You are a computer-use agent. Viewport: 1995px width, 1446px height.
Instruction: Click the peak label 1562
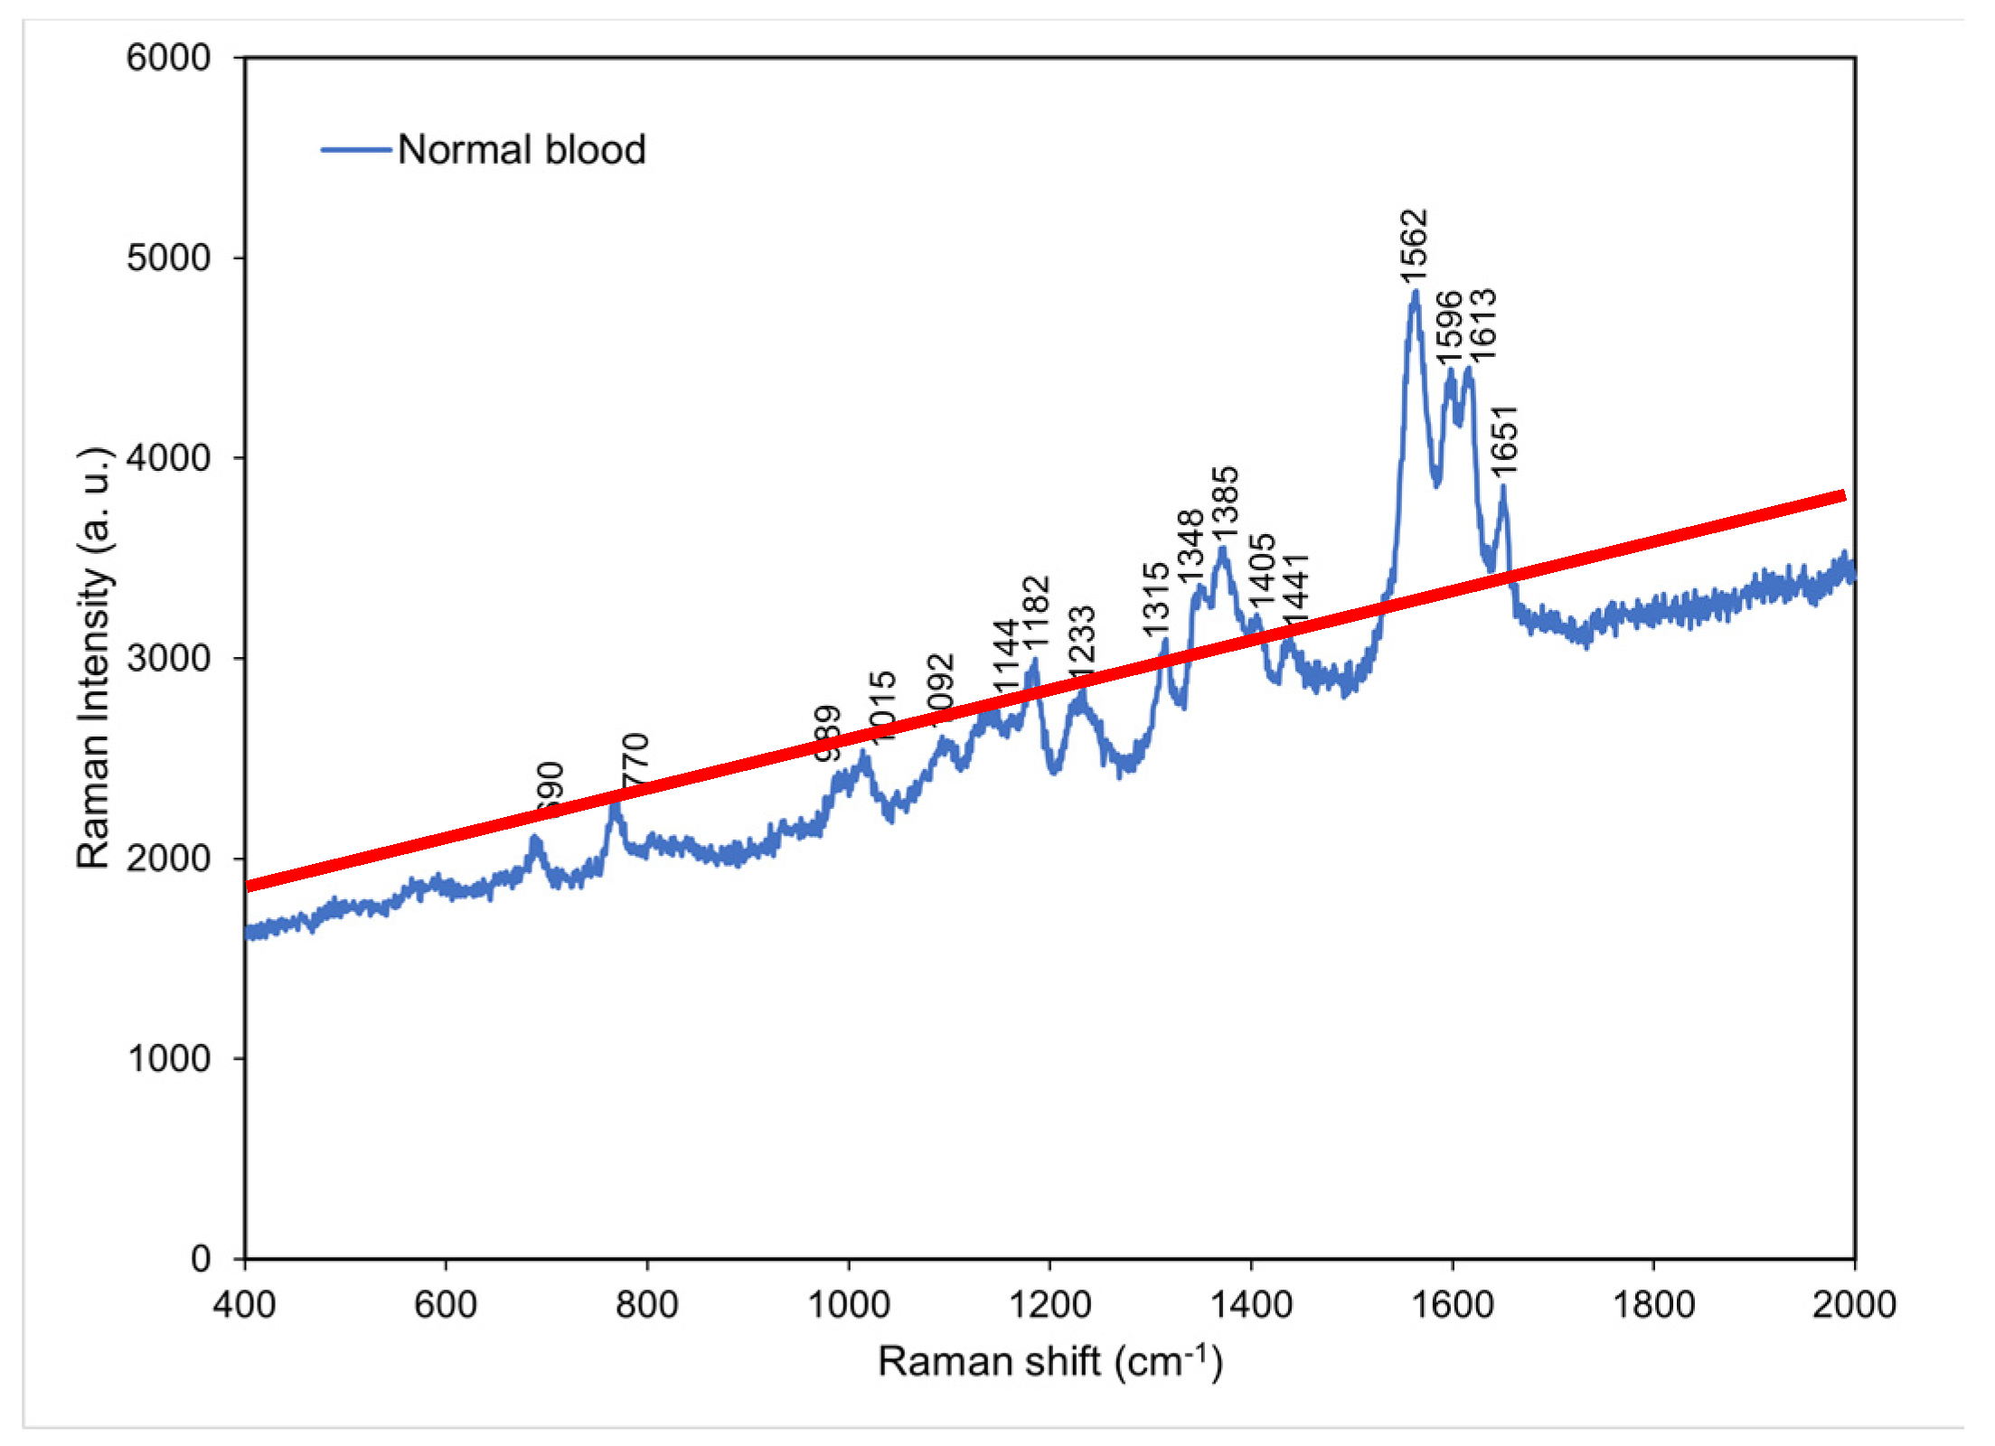(x=1413, y=249)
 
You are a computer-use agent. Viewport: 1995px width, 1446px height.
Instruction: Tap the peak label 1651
(x=1504, y=440)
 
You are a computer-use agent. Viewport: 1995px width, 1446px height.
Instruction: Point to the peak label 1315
(x=1156, y=599)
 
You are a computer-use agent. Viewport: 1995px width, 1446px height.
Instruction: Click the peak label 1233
(x=1081, y=643)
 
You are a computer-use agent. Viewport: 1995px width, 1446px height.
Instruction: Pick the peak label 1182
(x=1037, y=612)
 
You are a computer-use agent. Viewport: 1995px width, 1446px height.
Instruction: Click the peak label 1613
(x=1482, y=324)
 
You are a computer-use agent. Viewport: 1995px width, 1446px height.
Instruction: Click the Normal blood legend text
(x=522, y=150)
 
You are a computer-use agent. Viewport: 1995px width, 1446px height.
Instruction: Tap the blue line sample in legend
(x=356, y=150)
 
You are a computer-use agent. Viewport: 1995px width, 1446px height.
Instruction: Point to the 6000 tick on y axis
(x=168, y=58)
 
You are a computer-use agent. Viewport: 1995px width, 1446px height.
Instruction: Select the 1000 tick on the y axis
(x=168, y=1058)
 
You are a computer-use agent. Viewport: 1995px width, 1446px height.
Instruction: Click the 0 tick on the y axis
(x=201, y=1259)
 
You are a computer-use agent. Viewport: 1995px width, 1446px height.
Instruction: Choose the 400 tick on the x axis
(x=244, y=1305)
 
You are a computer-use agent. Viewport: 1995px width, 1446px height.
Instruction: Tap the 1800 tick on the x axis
(x=1653, y=1305)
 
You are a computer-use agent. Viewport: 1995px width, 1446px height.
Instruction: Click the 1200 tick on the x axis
(x=1049, y=1305)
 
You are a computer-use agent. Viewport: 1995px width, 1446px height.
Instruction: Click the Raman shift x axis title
(x=1049, y=1362)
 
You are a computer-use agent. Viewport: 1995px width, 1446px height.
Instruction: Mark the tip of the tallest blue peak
(x=1416, y=292)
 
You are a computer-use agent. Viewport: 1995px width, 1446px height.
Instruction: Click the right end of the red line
(x=1843, y=495)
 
